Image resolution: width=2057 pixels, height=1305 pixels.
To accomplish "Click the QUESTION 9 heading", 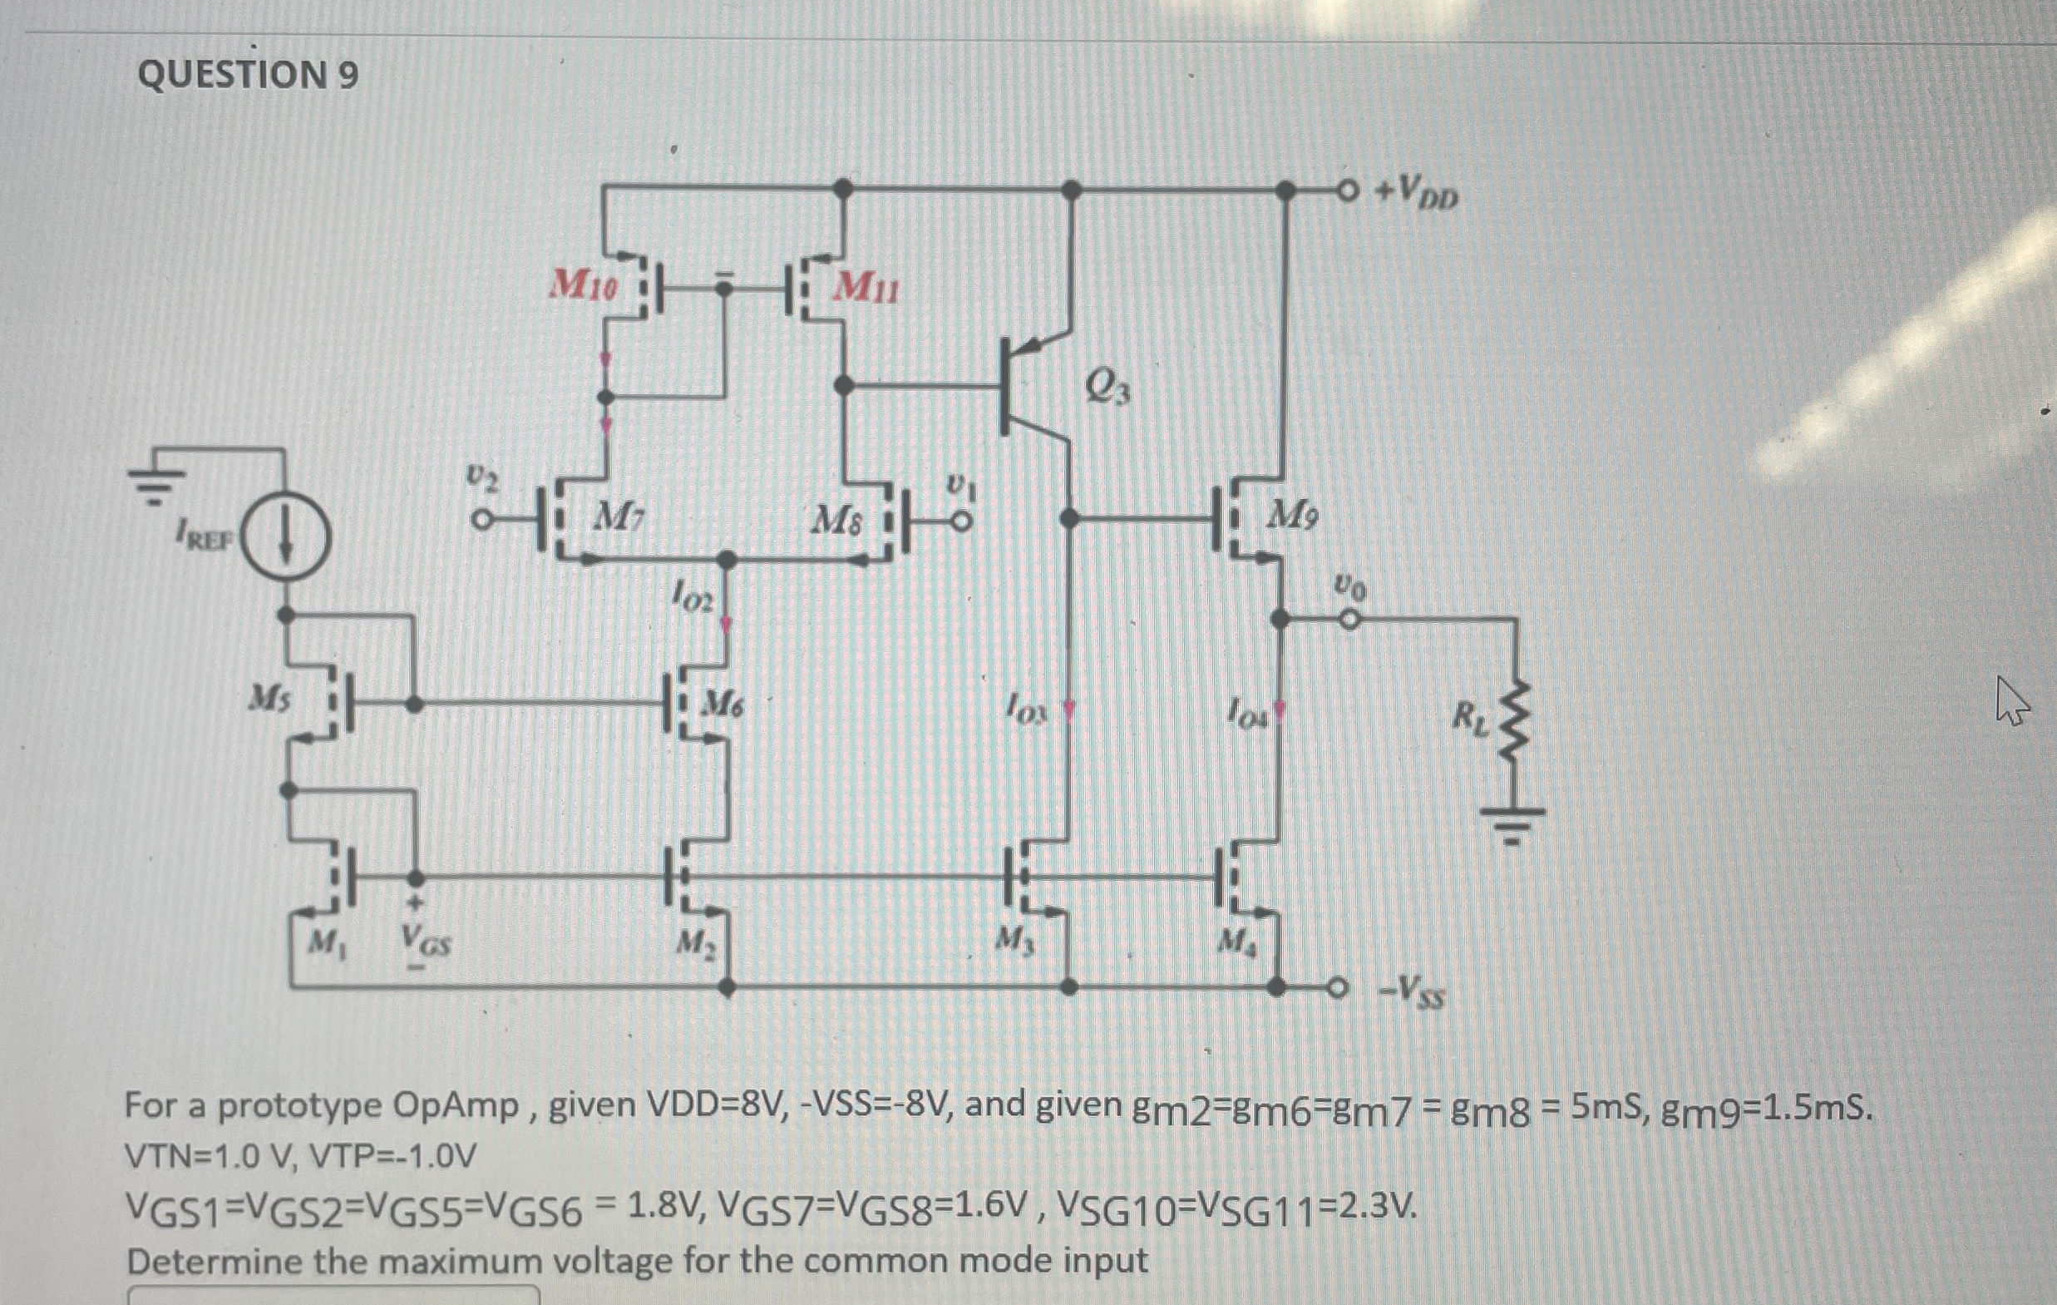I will point(248,75).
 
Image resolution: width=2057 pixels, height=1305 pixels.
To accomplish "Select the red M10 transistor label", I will point(584,284).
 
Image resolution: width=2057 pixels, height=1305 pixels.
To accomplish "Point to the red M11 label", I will point(866,287).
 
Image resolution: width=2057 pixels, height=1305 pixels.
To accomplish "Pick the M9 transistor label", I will point(1292,515).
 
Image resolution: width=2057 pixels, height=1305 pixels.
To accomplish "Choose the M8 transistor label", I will point(836,519).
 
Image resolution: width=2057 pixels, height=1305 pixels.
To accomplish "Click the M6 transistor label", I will point(722,704).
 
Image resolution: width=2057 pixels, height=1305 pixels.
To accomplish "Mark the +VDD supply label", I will point(1416,194).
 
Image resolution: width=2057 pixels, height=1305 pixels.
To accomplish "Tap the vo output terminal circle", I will point(1348,620).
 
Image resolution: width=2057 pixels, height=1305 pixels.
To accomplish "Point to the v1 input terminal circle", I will point(962,521).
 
